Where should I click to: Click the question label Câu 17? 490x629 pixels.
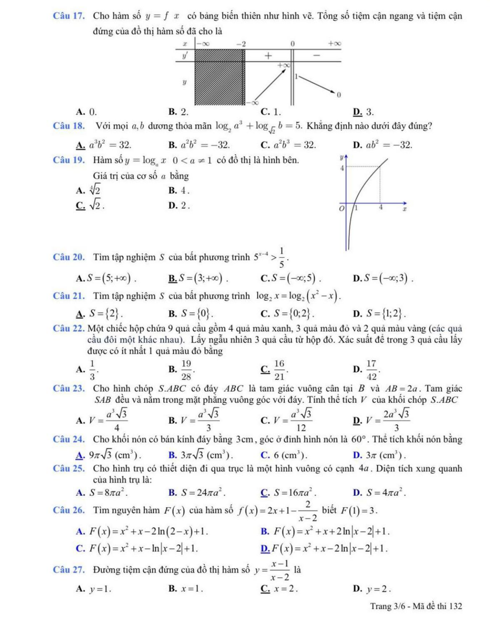(68, 16)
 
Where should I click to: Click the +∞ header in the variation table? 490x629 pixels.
(334, 43)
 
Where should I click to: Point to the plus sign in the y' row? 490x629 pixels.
(268, 55)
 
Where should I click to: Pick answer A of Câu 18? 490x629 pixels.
(104, 145)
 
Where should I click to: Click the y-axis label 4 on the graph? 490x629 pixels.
(342, 168)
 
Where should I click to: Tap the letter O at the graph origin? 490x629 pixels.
(341, 209)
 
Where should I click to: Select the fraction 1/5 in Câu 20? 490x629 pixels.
(281, 258)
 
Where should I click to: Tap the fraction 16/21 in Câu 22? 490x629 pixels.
(279, 370)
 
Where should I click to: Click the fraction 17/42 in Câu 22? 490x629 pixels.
(371, 370)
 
